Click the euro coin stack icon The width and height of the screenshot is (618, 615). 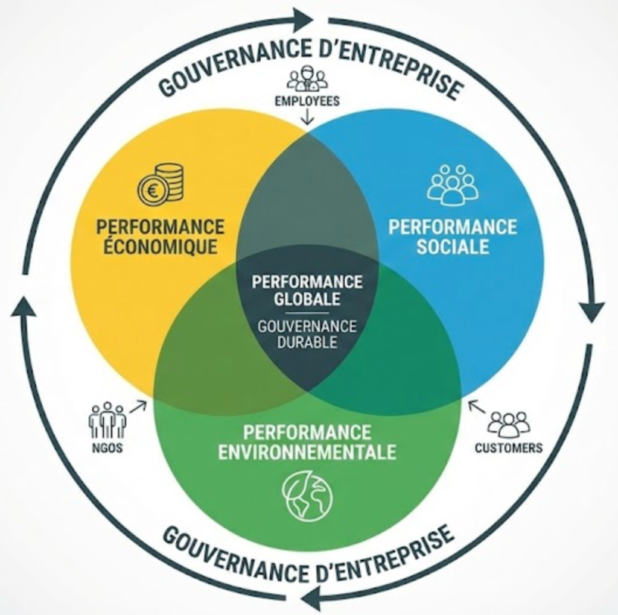point(161,183)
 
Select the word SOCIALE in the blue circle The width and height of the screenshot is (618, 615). point(453,247)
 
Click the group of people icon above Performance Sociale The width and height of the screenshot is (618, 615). point(453,184)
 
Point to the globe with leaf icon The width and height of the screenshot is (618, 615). point(308,496)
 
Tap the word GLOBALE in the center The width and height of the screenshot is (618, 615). point(307,298)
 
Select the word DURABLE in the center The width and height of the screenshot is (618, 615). point(307,342)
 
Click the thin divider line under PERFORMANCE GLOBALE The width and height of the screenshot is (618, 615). point(307,313)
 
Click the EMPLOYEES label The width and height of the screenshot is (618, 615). point(307,101)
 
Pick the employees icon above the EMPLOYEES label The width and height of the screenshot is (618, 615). point(307,78)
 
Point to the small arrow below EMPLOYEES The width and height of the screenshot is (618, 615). point(307,118)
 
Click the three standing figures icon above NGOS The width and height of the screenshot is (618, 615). point(107,420)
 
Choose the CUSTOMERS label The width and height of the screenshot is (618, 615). point(509,448)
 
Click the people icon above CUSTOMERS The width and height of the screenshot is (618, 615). point(509,424)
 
